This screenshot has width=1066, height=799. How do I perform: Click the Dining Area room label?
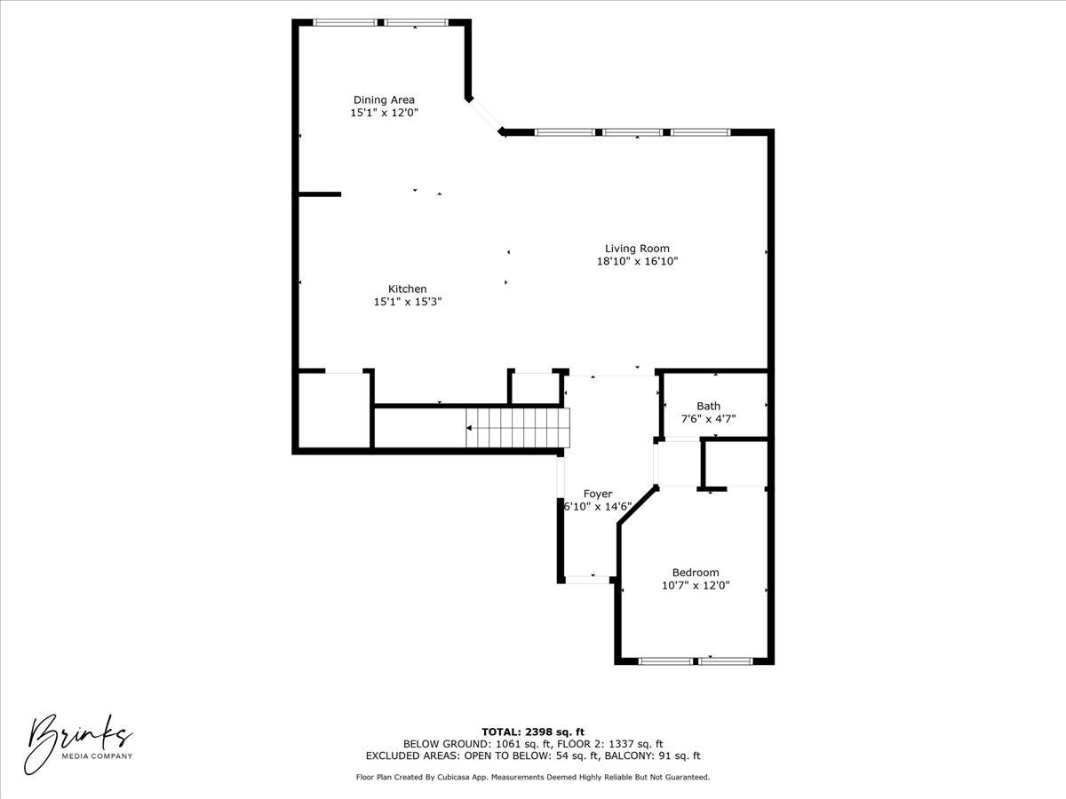point(384,100)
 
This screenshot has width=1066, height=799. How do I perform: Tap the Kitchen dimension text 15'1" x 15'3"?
point(408,302)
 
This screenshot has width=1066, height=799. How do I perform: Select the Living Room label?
point(637,249)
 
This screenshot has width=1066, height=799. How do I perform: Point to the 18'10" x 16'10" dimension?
point(638,262)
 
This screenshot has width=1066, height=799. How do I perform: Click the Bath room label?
point(708,407)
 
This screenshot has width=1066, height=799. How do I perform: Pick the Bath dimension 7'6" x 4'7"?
point(708,419)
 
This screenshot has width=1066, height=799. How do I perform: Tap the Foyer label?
point(598,494)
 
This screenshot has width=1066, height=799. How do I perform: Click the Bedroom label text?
point(696,573)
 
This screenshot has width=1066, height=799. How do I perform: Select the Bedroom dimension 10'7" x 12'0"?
point(696,586)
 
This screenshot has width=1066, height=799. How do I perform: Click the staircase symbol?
point(517,428)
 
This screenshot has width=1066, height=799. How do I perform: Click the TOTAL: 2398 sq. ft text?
point(533,732)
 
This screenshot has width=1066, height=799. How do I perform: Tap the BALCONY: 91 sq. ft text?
point(653,756)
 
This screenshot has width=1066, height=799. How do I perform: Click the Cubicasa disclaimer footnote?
point(533,778)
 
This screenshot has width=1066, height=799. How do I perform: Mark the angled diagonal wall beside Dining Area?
point(485,115)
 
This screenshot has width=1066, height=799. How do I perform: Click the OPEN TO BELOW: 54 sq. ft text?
point(530,756)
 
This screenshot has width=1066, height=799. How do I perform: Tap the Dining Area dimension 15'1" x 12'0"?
point(384,114)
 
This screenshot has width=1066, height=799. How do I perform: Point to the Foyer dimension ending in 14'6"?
point(598,507)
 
